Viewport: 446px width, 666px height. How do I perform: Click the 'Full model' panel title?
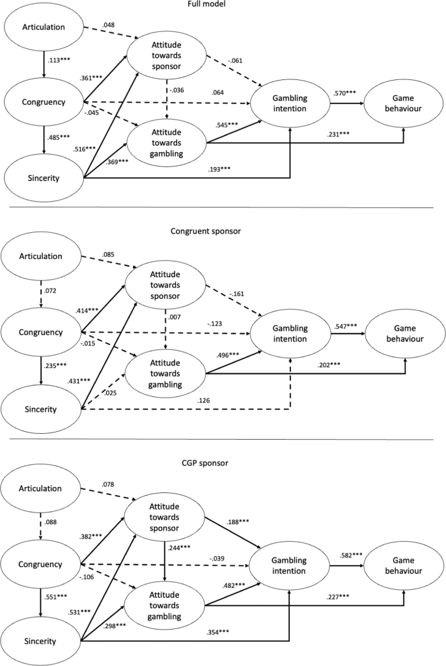(223, 5)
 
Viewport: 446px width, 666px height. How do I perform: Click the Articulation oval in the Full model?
(43, 28)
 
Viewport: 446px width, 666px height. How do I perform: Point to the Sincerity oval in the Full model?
(43, 176)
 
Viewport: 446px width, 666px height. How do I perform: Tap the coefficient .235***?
(58, 366)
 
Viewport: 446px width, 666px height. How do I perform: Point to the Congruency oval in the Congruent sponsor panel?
(43, 332)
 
